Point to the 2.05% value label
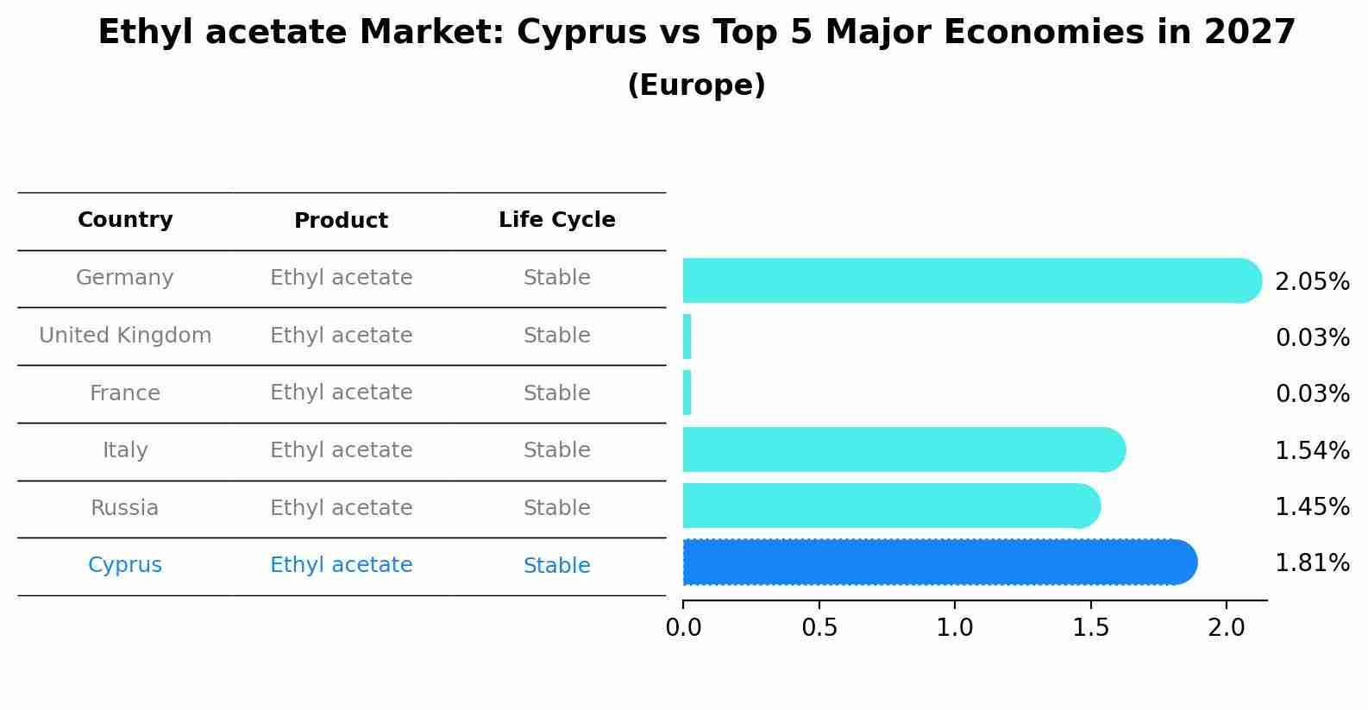point(1312,282)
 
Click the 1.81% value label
point(1312,563)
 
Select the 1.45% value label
point(1312,507)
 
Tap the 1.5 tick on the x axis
point(1090,628)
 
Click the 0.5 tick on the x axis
point(819,628)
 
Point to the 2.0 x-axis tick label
point(1226,628)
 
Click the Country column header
point(125,220)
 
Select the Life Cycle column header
point(556,220)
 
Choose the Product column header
point(341,221)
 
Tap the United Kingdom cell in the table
point(125,336)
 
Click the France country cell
point(125,393)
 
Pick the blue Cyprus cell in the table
point(125,565)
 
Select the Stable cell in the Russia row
point(556,508)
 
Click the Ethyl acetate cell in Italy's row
point(341,450)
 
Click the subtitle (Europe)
point(696,85)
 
